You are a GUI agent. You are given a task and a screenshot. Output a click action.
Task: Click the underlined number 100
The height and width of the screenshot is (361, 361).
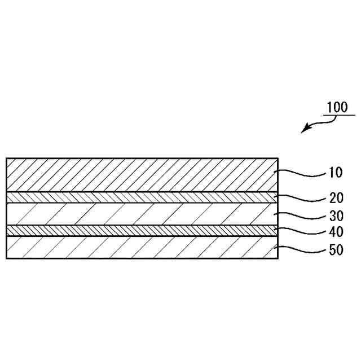click(338, 108)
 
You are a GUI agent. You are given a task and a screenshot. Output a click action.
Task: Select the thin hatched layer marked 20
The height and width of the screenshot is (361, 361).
click(141, 197)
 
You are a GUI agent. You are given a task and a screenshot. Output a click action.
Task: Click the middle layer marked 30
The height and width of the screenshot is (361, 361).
click(141, 214)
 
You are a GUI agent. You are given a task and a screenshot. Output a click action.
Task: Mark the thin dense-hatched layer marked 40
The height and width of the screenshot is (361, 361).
click(141, 231)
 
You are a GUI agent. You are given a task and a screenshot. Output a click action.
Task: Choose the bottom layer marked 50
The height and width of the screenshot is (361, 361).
click(141, 247)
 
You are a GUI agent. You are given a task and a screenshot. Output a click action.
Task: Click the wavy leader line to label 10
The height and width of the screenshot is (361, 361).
click(302, 173)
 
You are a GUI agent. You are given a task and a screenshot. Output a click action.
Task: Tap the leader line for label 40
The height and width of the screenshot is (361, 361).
click(302, 230)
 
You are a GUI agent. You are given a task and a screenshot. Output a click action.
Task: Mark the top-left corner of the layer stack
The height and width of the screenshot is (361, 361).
click(6, 159)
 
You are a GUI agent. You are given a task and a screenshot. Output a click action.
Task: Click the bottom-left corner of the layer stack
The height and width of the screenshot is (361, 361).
click(6, 258)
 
